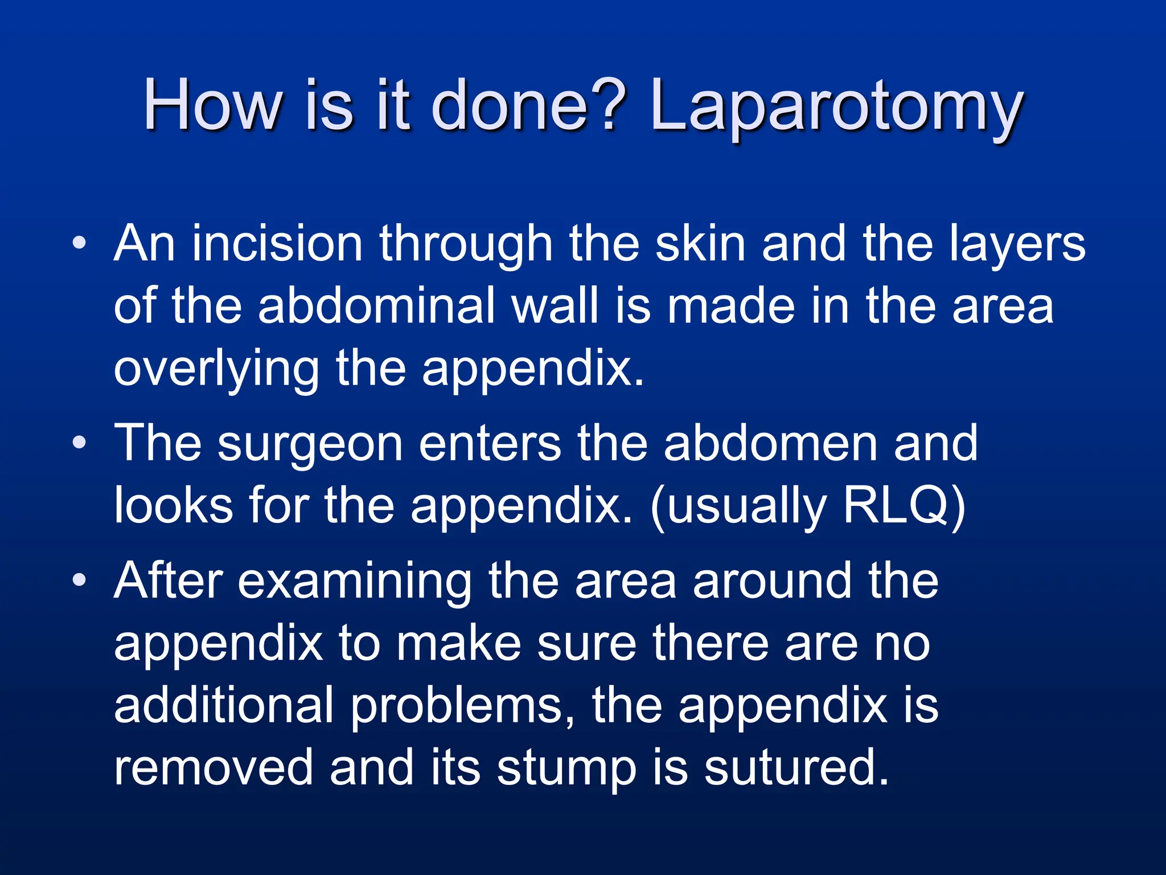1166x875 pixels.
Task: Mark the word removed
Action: tap(214, 768)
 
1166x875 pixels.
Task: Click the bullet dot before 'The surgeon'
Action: tap(80, 443)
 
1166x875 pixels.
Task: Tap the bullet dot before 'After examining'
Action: tap(80, 580)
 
